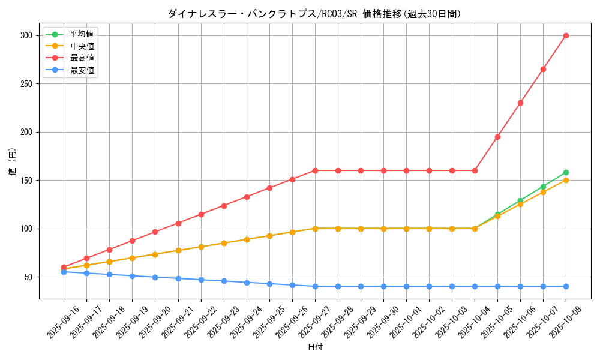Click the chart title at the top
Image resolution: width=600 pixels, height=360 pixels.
tap(314, 14)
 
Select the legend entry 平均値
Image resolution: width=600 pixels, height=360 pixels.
tap(82, 34)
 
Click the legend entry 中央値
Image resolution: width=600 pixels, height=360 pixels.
tap(82, 46)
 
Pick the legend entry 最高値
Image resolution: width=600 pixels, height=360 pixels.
tap(82, 58)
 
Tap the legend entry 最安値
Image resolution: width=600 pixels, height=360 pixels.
tap(82, 70)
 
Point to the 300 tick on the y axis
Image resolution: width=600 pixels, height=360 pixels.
tap(26, 35)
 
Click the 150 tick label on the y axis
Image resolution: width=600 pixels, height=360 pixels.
tap(26, 180)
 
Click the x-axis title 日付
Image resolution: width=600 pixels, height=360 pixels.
tap(315, 347)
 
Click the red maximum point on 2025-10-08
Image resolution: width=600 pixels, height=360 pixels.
tap(566, 35)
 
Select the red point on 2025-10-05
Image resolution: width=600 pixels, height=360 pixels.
tap(497, 137)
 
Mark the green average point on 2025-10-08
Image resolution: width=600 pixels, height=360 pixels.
tap(566, 172)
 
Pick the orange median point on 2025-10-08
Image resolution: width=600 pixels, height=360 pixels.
tap(566, 180)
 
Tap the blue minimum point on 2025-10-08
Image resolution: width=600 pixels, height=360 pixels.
tap(566, 286)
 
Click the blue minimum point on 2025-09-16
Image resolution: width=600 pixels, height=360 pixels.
tap(64, 272)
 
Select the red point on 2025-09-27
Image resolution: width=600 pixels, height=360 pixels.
tap(315, 170)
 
